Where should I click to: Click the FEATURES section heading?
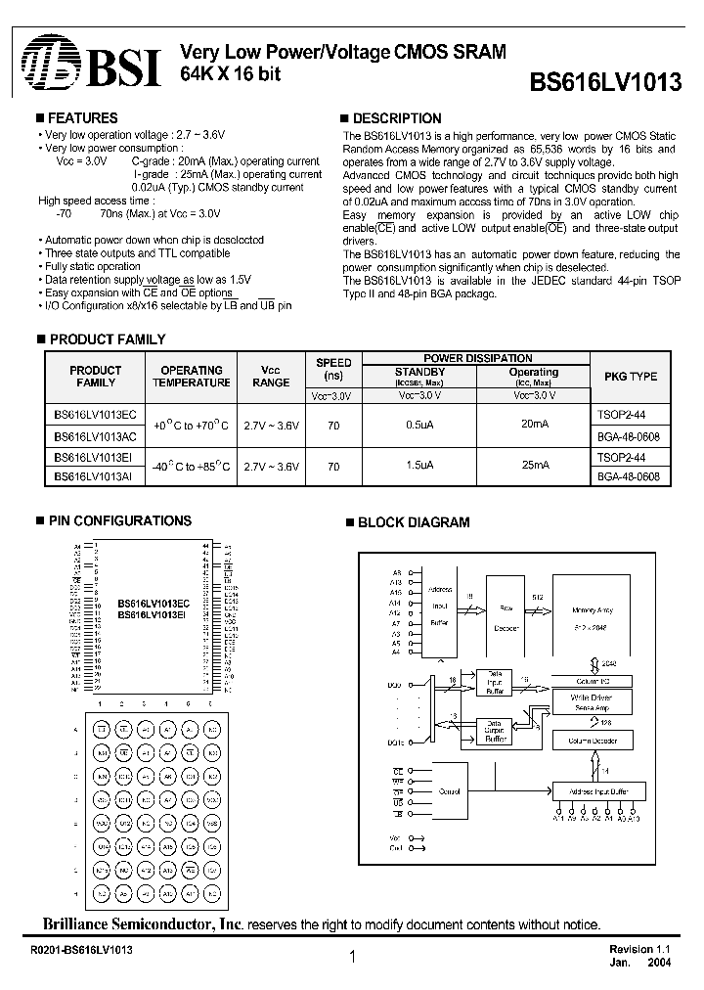82,117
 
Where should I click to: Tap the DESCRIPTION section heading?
395,117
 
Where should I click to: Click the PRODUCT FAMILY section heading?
107,339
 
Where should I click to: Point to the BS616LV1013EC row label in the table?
95,415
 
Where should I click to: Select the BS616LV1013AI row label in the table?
95,476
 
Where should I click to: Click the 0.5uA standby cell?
419,426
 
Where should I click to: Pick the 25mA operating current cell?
534,467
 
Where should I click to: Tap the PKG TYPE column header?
631,376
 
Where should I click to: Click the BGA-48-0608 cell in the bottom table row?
627,476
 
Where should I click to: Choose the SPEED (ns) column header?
333,369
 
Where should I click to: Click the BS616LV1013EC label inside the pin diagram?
154,604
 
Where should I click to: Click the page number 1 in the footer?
351,960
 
